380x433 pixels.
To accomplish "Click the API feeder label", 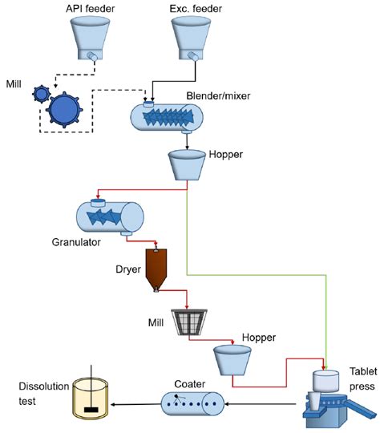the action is tap(90, 9).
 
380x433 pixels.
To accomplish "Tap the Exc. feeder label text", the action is tap(196, 9).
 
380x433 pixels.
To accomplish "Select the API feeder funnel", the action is tap(90, 38).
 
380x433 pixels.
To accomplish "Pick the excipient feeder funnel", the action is tap(191, 38).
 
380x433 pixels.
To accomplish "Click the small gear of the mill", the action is tap(41, 94).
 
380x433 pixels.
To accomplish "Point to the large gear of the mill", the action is tap(64, 110).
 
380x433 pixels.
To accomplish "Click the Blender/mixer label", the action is tap(218, 96).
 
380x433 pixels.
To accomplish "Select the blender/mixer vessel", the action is tap(167, 117).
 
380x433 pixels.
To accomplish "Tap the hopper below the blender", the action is tap(187, 165).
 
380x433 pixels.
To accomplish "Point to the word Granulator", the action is tap(76, 242).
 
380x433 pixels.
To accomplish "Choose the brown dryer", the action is tap(156, 269).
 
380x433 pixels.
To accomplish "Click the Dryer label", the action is tap(128, 269).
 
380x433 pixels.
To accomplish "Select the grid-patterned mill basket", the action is tap(189, 322).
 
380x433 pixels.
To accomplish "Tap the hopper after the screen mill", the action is tap(232, 360).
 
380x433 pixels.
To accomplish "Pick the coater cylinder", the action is tap(192, 403).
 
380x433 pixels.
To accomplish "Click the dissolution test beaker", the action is tap(91, 398).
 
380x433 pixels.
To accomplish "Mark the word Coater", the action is tap(190, 384).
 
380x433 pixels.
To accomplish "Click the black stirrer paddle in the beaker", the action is tap(91, 410).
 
